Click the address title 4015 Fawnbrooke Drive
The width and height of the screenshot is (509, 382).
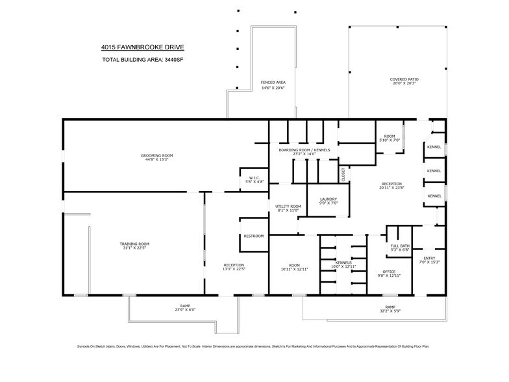coord(142,47)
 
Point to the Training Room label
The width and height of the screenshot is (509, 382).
coord(134,244)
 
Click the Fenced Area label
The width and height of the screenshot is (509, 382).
coord(273,83)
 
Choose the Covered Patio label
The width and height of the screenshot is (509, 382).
coord(403,79)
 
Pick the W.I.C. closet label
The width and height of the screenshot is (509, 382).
coord(255,177)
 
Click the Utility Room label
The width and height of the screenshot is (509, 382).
coord(288,206)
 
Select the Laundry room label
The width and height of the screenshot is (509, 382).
coord(329,199)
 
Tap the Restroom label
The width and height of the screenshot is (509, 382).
coord(253,236)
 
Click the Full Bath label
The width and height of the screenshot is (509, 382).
coord(399,246)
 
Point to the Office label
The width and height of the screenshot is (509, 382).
coord(390,272)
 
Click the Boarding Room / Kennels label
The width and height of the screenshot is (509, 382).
coord(304,150)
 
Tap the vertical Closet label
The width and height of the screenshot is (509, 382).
coord(343,174)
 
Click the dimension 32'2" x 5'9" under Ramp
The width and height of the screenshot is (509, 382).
coord(390,311)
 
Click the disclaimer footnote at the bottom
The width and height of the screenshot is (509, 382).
coord(254,347)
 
